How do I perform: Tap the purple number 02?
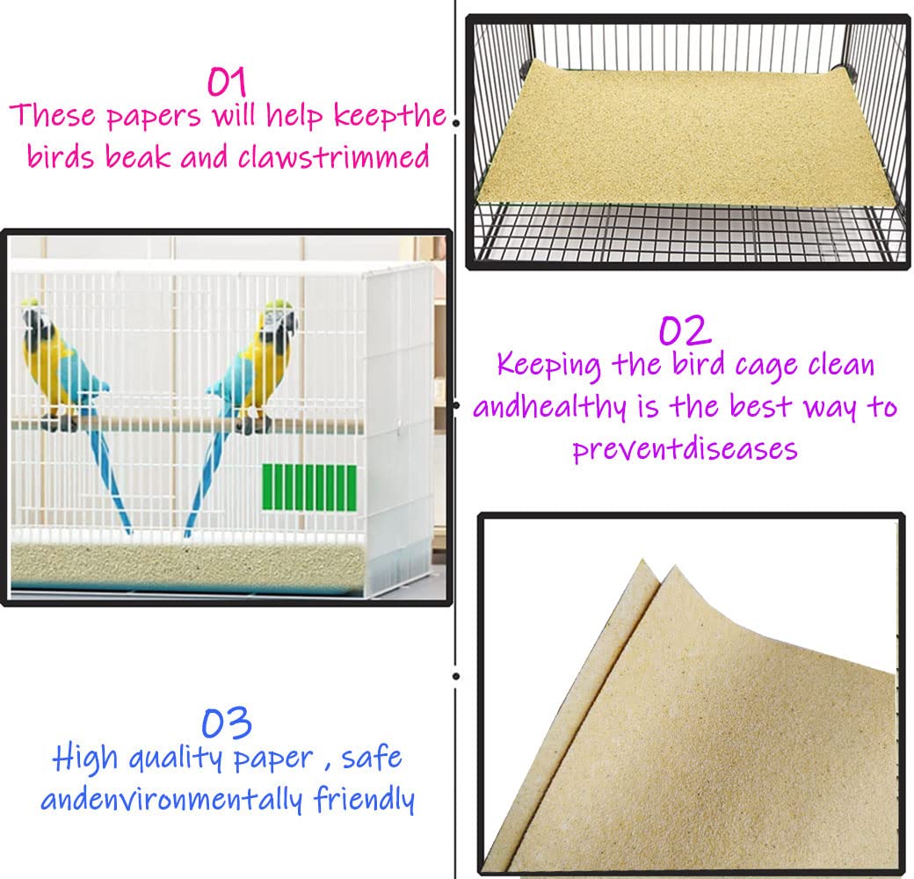pos(685,331)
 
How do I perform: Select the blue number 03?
pos(227,723)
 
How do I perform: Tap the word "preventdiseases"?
pos(685,448)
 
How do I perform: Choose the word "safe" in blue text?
pos(372,758)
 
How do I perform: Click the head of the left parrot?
pos(35,318)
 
